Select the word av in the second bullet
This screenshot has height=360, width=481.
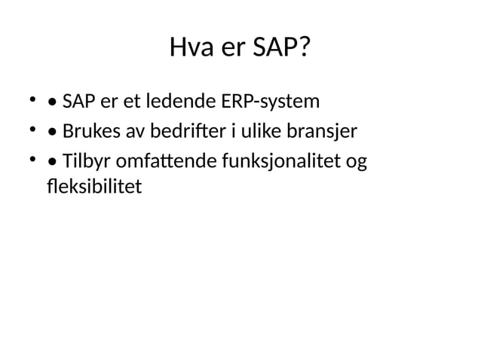[133, 133]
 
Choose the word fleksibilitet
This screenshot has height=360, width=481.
[93, 185]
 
